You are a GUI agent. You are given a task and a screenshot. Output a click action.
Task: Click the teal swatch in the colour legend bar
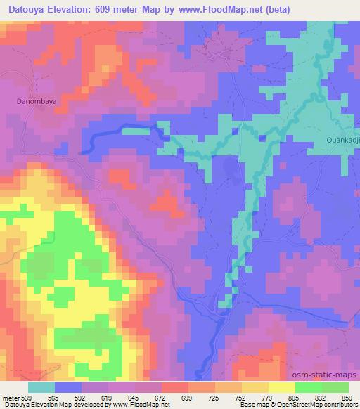click(x=41, y=387)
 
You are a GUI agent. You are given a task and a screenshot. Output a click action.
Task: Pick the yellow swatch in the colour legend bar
click(x=281, y=387)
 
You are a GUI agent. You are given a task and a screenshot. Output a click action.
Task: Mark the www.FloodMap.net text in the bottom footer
click(x=144, y=405)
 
